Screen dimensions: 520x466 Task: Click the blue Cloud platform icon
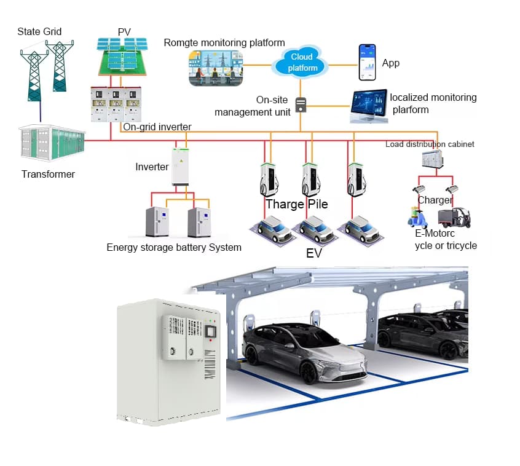click(x=301, y=62)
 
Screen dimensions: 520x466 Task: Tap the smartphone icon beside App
click(x=368, y=62)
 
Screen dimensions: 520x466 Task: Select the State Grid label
click(x=39, y=31)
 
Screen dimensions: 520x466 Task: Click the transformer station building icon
click(x=52, y=143)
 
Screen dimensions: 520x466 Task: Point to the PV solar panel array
click(x=122, y=57)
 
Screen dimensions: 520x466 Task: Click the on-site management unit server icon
click(x=301, y=105)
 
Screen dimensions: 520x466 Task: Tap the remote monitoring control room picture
click(x=216, y=68)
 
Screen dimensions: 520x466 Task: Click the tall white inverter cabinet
click(x=181, y=167)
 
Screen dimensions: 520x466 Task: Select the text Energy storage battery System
click(x=174, y=247)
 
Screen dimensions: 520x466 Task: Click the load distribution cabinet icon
click(x=432, y=159)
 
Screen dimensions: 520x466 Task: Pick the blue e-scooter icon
click(x=417, y=217)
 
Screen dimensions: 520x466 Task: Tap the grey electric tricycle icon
click(x=454, y=218)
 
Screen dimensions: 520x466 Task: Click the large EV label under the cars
click(x=313, y=253)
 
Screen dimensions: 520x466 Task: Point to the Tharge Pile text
click(x=296, y=204)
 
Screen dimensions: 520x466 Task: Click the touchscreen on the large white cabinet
click(x=211, y=332)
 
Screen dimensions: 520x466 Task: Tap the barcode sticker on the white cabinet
click(x=210, y=364)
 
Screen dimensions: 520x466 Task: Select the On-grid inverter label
click(x=157, y=127)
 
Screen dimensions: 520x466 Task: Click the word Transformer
click(x=48, y=174)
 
